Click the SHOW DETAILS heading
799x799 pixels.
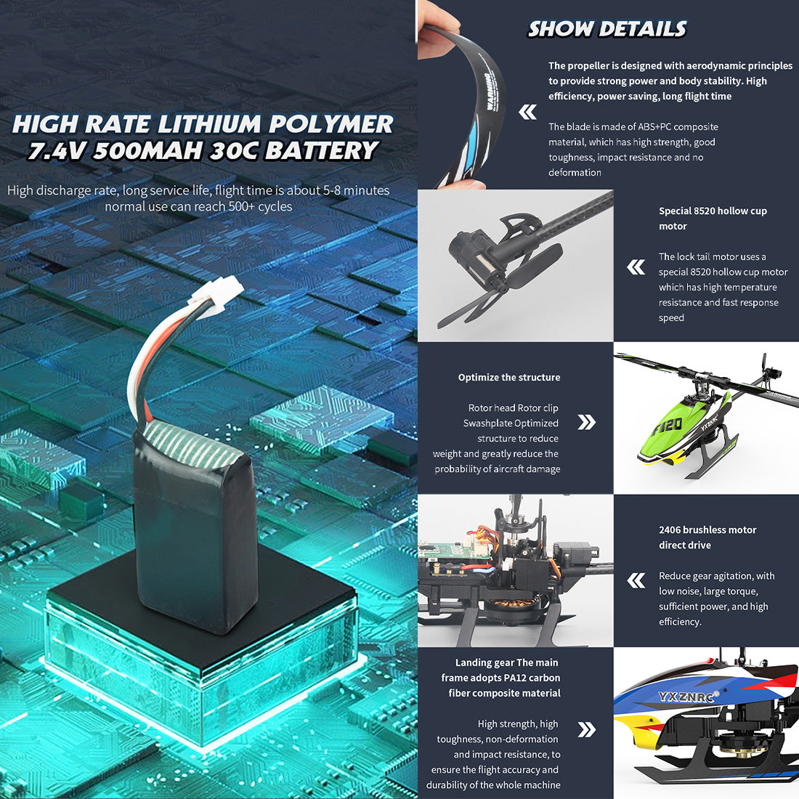click(607, 29)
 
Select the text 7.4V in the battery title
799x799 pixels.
click(57, 151)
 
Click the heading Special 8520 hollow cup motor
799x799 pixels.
click(712, 219)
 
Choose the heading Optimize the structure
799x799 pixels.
click(508, 378)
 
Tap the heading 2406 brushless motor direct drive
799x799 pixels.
click(707, 538)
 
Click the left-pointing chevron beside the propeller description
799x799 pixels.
click(527, 112)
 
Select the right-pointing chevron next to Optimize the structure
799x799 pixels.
click(586, 422)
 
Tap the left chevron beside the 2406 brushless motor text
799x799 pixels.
click(636, 580)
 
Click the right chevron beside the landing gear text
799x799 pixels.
click(586, 729)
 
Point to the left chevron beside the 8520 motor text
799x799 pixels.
click(636, 267)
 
